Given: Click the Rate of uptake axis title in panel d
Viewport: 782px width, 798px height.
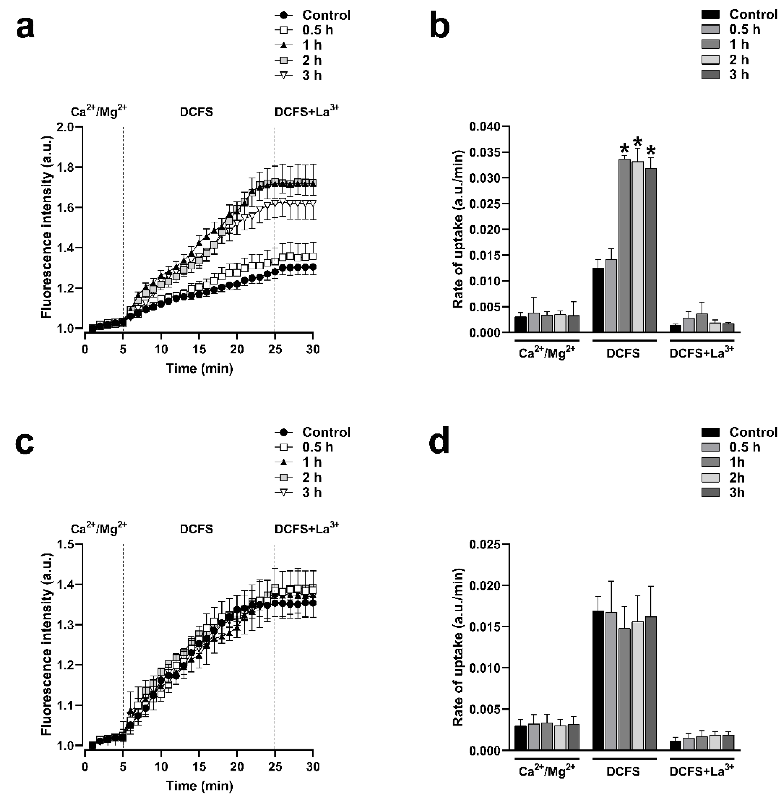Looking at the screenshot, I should [458, 647].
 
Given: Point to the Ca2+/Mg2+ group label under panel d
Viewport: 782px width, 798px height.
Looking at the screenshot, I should [547, 772].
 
